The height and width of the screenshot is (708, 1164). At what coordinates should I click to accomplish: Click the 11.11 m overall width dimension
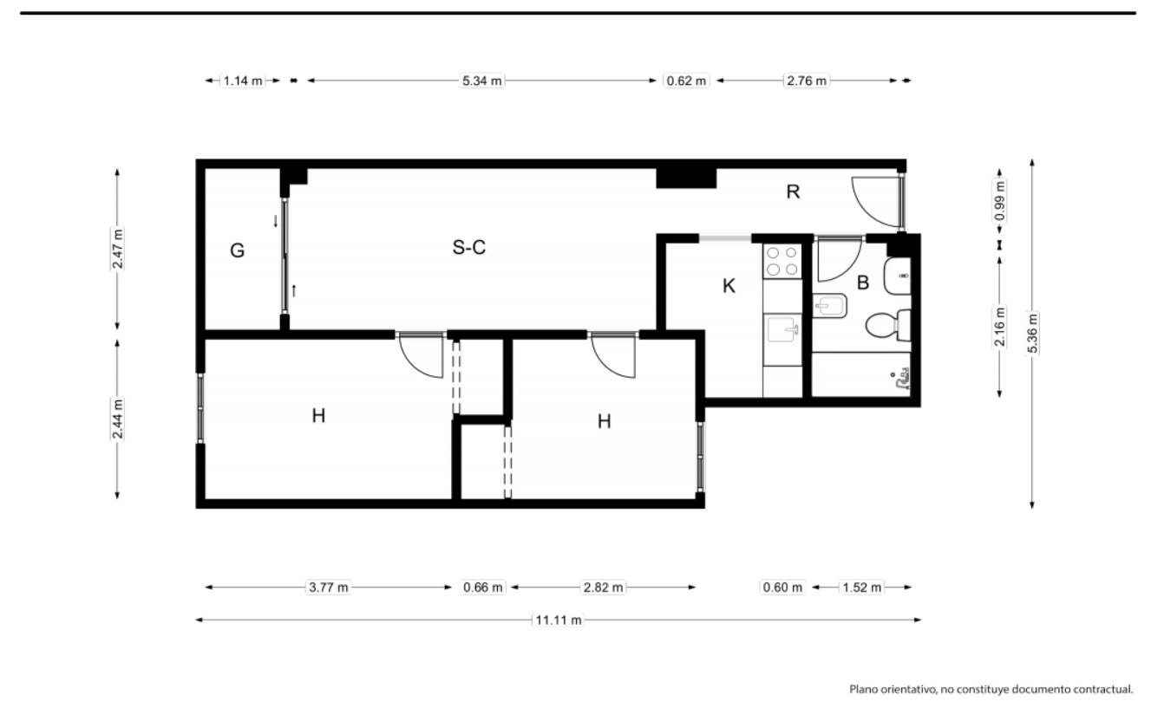[559, 620]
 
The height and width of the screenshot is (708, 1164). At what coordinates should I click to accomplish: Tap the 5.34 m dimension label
[482, 81]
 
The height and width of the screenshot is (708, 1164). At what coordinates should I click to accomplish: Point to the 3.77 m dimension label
[329, 588]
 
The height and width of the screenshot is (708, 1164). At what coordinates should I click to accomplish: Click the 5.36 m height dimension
[1032, 334]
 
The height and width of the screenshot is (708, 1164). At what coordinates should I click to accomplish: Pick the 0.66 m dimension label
[483, 588]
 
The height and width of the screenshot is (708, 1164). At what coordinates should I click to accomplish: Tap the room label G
[237, 250]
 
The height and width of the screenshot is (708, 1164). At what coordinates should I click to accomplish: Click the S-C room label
[468, 248]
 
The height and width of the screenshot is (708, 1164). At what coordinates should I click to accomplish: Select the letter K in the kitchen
[729, 286]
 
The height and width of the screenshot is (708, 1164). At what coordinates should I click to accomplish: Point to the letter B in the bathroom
[863, 283]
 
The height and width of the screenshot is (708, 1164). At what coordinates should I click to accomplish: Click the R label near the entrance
[793, 192]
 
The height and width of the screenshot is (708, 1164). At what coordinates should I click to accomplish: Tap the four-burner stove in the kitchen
[782, 261]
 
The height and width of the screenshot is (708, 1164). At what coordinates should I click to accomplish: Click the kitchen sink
[782, 329]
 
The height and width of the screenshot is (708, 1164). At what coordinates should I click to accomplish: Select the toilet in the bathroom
[888, 325]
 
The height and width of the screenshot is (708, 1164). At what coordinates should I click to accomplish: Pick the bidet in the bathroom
[830, 306]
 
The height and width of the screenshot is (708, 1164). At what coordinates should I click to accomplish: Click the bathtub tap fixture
[903, 379]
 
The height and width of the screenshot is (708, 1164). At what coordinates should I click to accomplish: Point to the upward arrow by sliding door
[294, 290]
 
